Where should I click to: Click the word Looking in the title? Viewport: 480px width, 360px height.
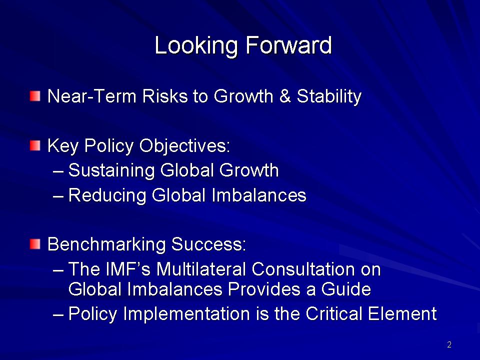tap(196, 46)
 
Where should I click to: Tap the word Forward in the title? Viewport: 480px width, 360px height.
tap(288, 45)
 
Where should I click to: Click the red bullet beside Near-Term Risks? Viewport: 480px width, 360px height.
tap(35, 96)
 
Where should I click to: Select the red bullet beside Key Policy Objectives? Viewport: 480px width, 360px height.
tap(35, 145)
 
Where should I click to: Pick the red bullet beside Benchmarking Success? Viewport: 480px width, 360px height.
tap(35, 244)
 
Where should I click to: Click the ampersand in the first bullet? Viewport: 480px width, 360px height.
tap(285, 96)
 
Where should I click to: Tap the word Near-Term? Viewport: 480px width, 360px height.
tap(91, 96)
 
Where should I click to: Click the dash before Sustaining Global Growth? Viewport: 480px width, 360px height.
tap(58, 171)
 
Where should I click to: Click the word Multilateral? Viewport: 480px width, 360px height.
tap(201, 269)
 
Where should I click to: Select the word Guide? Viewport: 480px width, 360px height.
tap(345, 289)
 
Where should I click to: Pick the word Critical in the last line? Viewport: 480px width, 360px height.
tap(334, 313)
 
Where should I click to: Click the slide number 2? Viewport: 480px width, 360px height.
tap(449, 344)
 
